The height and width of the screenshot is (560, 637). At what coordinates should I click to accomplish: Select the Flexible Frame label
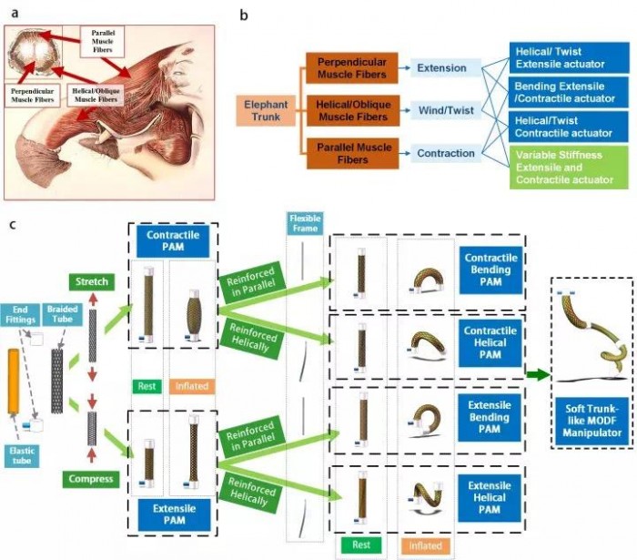pos(299,223)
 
